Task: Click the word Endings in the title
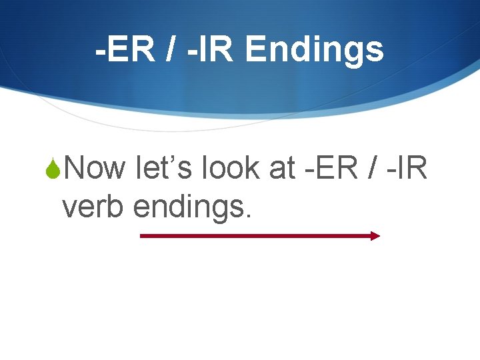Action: pyautogui.click(x=315, y=51)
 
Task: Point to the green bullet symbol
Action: pyautogui.click(x=56, y=169)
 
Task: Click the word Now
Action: pyautogui.click(x=95, y=169)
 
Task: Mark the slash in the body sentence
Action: pyautogui.click(x=371, y=169)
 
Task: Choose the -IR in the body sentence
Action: pyautogui.click(x=407, y=169)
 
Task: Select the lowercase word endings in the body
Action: pyautogui.click(x=190, y=208)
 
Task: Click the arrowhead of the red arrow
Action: pyautogui.click(x=375, y=235)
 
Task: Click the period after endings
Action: pyautogui.click(x=249, y=217)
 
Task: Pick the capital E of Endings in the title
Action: pyautogui.click(x=255, y=49)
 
